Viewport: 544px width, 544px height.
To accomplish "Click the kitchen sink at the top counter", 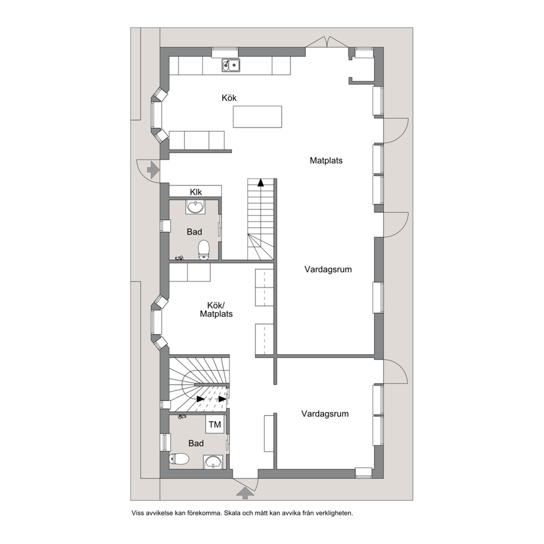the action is click(x=231, y=65).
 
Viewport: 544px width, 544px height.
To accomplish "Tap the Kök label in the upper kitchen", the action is click(x=229, y=98).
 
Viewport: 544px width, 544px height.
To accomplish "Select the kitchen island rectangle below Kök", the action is click(x=257, y=117).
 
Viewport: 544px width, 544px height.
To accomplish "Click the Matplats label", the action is click(x=326, y=161).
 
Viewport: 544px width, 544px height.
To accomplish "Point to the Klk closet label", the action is click(x=196, y=192).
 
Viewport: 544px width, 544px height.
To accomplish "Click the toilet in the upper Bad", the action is click(x=203, y=250).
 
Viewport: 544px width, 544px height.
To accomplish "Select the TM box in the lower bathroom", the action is click(x=215, y=424).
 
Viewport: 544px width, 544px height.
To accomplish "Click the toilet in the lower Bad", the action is click(x=179, y=460).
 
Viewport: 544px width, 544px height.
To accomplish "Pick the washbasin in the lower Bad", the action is click(x=212, y=462).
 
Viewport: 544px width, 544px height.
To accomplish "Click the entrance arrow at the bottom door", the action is click(x=245, y=492).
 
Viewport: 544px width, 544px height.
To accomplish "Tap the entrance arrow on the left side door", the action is click(x=153, y=169).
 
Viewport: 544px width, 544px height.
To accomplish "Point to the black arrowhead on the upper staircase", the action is click(x=260, y=183).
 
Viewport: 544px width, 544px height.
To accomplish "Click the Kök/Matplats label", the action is click(x=216, y=310).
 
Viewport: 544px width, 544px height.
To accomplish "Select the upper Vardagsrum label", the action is click(x=328, y=270).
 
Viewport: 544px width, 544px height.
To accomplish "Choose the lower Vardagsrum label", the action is click(x=325, y=414).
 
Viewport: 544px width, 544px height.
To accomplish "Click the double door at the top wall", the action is click(x=327, y=42).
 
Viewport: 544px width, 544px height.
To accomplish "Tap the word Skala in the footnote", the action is click(x=232, y=513).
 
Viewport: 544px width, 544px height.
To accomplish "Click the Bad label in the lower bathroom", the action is click(x=196, y=444).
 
